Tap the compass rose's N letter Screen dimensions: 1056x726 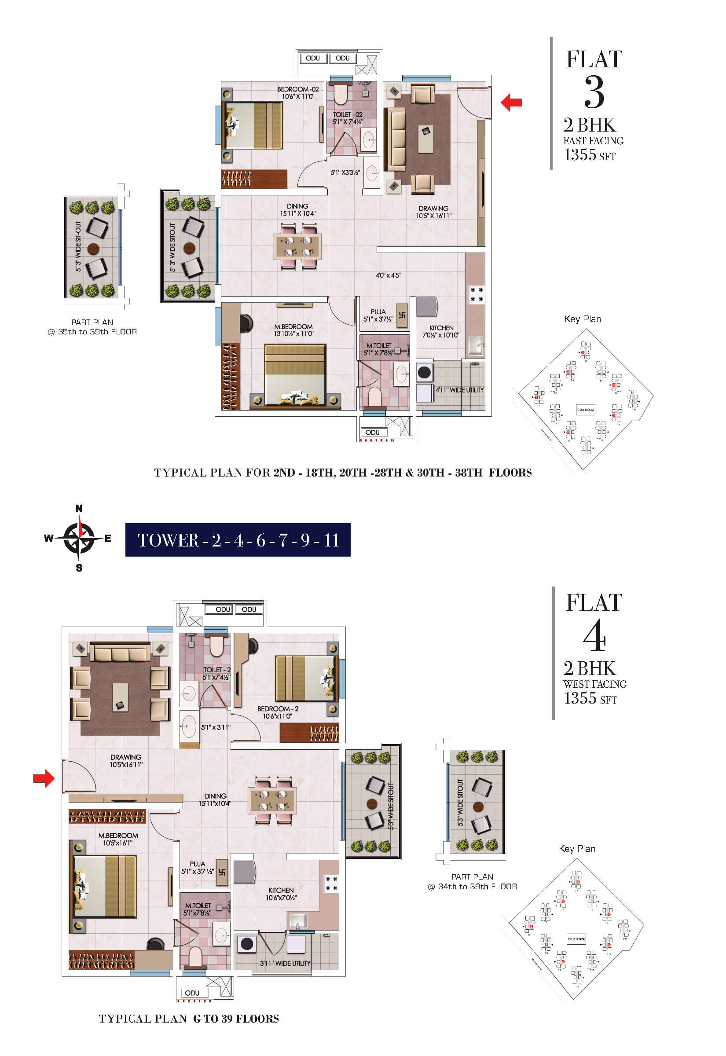pyautogui.click(x=79, y=509)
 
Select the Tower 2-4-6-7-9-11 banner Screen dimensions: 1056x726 pyautogui.click(x=238, y=540)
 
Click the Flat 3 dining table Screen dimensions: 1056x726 pyautogui.click(x=297, y=246)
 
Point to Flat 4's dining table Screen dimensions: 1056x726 pyautogui.click(x=272, y=800)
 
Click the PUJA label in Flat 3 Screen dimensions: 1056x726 pyautogui.click(x=378, y=312)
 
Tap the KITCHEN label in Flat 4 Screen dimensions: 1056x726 pyautogui.click(x=281, y=890)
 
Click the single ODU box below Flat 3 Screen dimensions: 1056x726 pyautogui.click(x=373, y=433)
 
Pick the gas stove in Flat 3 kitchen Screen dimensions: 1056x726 pyautogui.click(x=476, y=294)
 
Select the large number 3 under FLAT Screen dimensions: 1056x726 pyautogui.click(x=594, y=92)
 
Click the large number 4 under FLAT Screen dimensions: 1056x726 pyautogui.click(x=594, y=636)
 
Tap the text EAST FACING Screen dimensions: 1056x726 pyautogui.click(x=593, y=141)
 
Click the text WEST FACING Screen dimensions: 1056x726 pyautogui.click(x=594, y=684)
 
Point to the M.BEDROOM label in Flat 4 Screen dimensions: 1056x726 pyautogui.click(x=118, y=836)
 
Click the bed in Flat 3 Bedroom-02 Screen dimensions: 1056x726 pyautogui.click(x=253, y=125)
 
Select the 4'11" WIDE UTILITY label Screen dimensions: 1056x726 pyautogui.click(x=459, y=390)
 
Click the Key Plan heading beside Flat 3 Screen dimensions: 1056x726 pyautogui.click(x=582, y=319)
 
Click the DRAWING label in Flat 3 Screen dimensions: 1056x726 pyautogui.click(x=433, y=208)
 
